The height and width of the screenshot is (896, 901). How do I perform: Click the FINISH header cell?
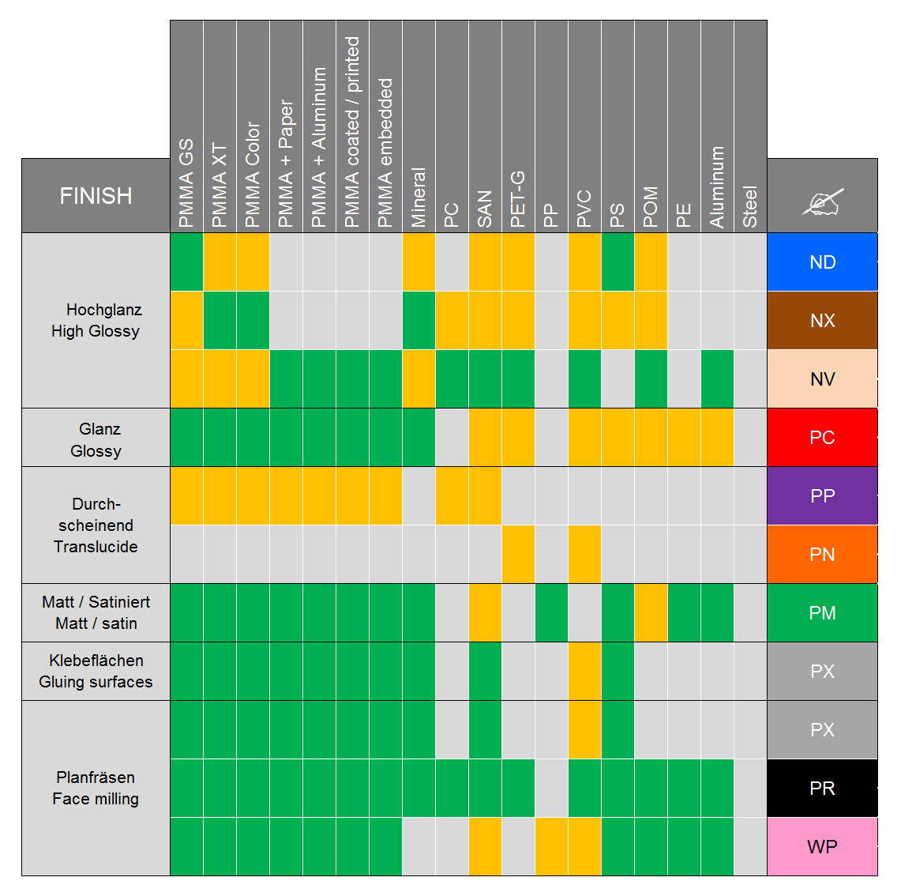pos(96,195)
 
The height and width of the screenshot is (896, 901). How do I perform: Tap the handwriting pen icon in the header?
pos(822,202)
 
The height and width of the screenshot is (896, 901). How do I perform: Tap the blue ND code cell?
pos(822,262)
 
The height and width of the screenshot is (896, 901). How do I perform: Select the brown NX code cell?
pos(822,320)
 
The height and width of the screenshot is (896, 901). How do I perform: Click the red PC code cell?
pos(822,437)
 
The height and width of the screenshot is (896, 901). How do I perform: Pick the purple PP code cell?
pos(822,495)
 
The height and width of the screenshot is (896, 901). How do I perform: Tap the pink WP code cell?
pos(822,846)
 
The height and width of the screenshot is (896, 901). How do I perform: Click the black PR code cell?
pos(822,788)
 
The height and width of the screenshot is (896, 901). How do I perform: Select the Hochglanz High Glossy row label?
pos(96,320)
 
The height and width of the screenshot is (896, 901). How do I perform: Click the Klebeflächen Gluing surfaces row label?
pos(96,671)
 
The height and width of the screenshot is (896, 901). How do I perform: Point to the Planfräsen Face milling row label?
pos(96,788)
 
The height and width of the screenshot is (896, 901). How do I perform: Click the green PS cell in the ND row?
pos(618,262)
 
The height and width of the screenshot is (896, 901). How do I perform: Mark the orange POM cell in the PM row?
pos(651,612)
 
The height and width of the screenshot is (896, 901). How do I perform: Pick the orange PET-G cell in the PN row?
pos(518,554)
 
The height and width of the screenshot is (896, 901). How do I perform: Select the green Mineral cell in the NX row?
pos(419,320)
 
